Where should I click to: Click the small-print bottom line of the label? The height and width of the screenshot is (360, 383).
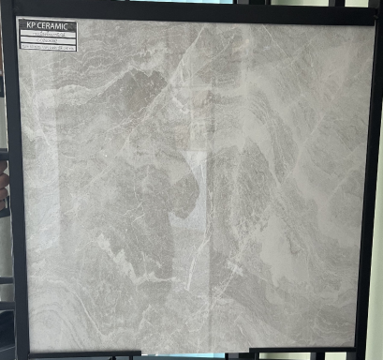point(49,49)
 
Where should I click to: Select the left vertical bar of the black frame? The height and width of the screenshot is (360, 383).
point(10,187)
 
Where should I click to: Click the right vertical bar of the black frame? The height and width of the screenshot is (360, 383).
point(366,187)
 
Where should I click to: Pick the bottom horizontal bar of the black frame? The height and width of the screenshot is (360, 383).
point(187,354)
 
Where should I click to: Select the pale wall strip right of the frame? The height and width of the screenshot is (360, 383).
point(377,187)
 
